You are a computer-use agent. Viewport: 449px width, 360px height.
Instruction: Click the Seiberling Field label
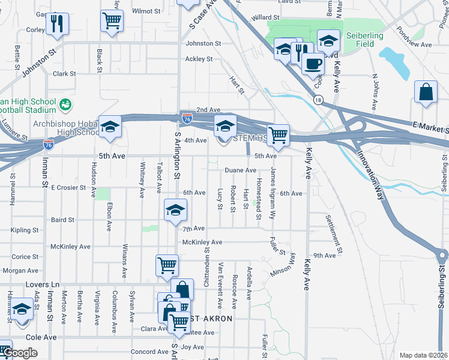coord(364,40)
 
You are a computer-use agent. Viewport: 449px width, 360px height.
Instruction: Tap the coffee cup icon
coord(312,62)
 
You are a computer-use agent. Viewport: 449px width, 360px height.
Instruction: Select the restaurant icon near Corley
coord(58,24)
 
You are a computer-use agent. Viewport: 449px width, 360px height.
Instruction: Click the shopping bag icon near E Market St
coord(426,92)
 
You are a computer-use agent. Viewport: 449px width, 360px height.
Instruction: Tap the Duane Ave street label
coord(241,170)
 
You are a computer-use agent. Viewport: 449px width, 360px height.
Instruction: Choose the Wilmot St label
coord(146,11)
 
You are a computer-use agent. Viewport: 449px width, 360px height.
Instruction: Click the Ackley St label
coord(199,59)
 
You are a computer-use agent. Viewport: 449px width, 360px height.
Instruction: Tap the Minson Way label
coord(283,265)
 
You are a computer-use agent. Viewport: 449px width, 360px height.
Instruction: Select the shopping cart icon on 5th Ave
coord(278,136)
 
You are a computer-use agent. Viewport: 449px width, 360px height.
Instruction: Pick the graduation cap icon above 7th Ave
coord(175,210)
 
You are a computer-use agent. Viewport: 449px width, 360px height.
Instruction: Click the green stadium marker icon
coord(65,105)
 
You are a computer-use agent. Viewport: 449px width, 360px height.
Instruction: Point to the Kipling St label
coord(25,230)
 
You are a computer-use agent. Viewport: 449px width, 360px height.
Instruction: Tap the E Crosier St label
coord(70,187)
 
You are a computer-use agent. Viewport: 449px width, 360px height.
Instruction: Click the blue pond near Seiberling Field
coord(393,59)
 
